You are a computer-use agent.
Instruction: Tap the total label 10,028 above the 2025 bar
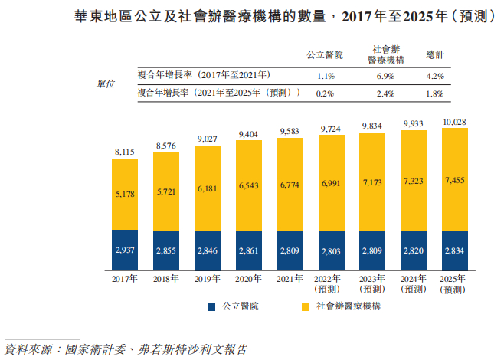(455, 122)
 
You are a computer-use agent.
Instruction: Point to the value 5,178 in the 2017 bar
(125, 195)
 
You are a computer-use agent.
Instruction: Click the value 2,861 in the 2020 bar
(249, 250)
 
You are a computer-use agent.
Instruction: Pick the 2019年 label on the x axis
(208, 280)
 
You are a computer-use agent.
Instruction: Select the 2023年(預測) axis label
(373, 285)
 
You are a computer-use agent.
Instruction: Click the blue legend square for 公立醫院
(211, 306)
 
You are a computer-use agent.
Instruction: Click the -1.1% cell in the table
(325, 77)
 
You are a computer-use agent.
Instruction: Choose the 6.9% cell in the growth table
(385, 77)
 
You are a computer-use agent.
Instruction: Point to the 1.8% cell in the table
(434, 93)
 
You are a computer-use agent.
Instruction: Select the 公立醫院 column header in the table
(325, 55)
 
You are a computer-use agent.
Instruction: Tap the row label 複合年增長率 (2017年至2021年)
(204, 76)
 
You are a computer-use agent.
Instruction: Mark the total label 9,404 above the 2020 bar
(249, 134)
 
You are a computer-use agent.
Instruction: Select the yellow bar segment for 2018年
(166, 188)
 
